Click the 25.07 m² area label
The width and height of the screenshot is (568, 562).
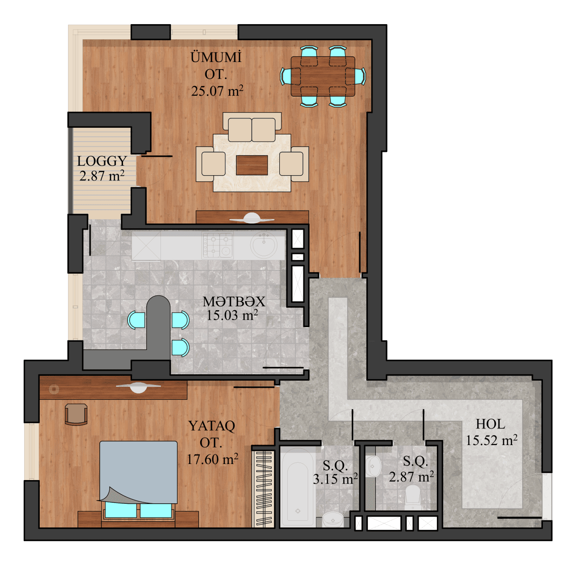click(217, 91)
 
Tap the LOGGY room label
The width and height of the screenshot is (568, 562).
click(102, 161)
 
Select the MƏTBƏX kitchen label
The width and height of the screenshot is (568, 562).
click(234, 301)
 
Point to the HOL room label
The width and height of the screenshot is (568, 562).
click(490, 424)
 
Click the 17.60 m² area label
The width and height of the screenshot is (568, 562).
click(212, 459)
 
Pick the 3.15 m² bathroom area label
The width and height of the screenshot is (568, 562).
click(335, 479)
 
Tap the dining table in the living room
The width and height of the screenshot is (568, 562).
click(323, 76)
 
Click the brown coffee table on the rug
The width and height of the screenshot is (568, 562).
click(252, 165)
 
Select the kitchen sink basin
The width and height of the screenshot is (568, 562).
click(264, 245)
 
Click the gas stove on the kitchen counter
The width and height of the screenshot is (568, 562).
click(218, 245)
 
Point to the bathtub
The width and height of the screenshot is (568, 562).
click(297, 488)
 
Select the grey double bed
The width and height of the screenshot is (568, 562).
click(138, 471)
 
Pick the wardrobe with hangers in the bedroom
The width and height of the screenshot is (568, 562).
click(263, 488)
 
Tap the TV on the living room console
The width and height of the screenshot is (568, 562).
click(252, 218)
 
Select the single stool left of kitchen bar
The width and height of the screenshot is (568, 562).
click(136, 320)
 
